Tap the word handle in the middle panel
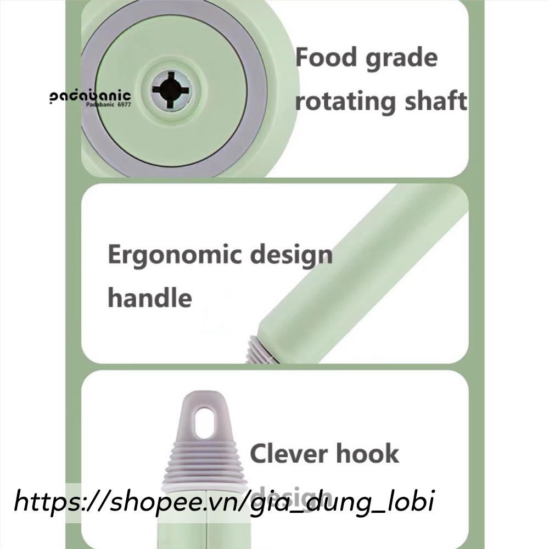pyautogui.click(x=149, y=298)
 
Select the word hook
pyautogui.click(x=367, y=454)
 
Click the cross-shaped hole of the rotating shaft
pyautogui.click(x=171, y=89)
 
